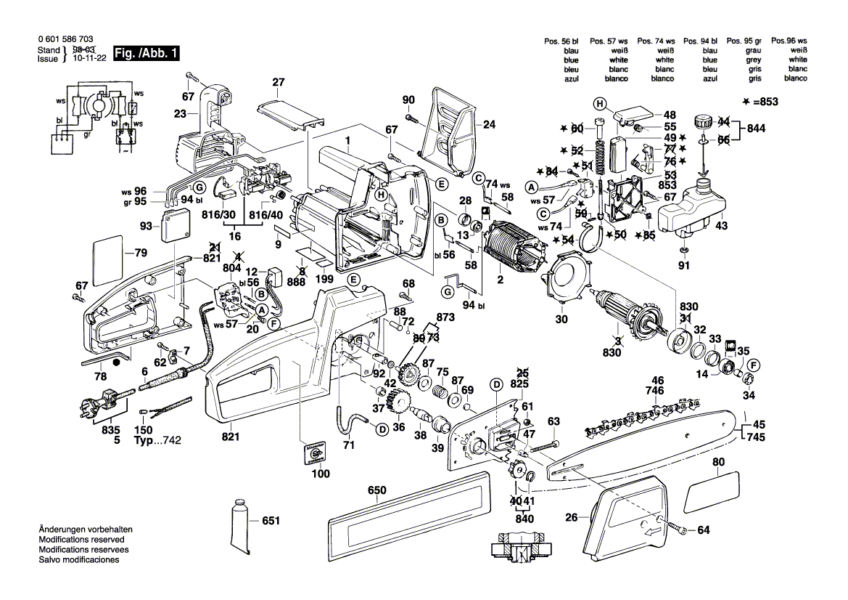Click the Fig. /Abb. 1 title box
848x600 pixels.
(x=144, y=53)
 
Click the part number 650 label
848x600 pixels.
(x=376, y=490)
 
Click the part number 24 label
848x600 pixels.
(x=488, y=124)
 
